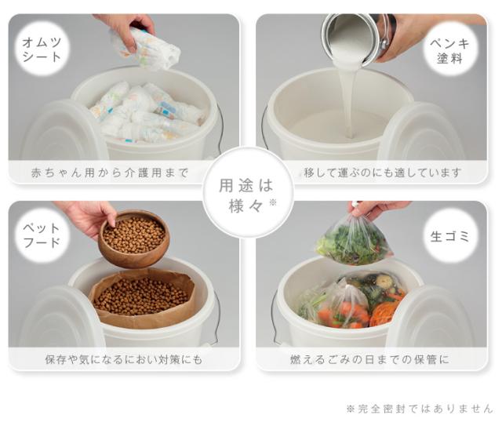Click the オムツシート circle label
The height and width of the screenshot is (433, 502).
(x=42, y=49)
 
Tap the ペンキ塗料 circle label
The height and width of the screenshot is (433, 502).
(x=449, y=49)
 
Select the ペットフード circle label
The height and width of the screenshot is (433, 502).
(x=42, y=235)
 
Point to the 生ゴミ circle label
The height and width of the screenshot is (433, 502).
(x=449, y=235)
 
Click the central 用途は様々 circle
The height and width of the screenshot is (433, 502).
(x=248, y=192)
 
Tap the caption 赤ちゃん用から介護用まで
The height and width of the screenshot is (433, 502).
(x=110, y=173)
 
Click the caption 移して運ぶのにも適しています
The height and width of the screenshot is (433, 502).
(x=383, y=173)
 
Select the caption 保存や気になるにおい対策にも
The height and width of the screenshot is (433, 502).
(x=124, y=360)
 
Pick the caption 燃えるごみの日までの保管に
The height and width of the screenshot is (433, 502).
(x=369, y=360)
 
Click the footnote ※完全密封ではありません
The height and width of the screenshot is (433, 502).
(x=420, y=409)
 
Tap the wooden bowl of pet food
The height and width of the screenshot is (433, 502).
(x=133, y=238)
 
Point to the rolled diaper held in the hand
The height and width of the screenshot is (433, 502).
(x=146, y=49)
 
